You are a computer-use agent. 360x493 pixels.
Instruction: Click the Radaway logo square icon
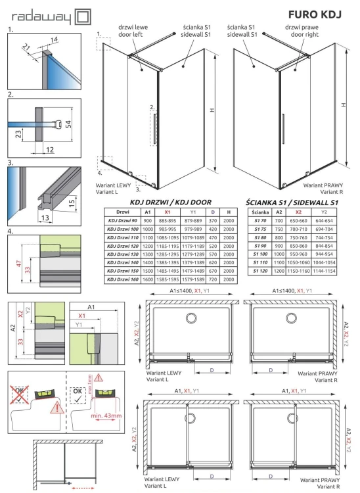click(x=84, y=15)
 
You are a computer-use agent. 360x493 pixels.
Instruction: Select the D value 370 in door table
click(x=213, y=220)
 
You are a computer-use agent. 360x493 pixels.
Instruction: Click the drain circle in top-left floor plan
click(x=192, y=318)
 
